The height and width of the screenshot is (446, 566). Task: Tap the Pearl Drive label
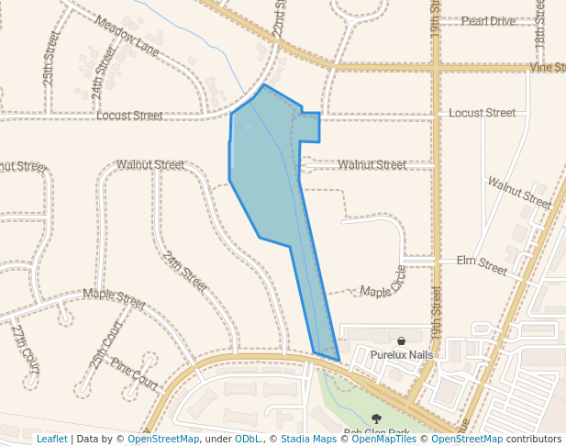[488, 20]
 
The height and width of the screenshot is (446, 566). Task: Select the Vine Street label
[547, 68]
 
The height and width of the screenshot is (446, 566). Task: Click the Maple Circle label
[383, 282]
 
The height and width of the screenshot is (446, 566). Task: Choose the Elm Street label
[482, 265]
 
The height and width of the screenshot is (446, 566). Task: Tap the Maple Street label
[114, 297]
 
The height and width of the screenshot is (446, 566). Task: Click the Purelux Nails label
[401, 354]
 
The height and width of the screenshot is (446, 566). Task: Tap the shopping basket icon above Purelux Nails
[401, 340]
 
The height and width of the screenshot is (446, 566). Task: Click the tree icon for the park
[376, 418]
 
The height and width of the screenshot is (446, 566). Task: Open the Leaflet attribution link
[51, 439]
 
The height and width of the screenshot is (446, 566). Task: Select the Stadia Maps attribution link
[308, 439]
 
